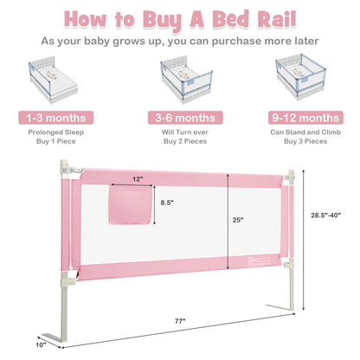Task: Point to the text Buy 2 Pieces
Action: click(179, 144)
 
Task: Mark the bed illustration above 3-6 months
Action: click(179, 79)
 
